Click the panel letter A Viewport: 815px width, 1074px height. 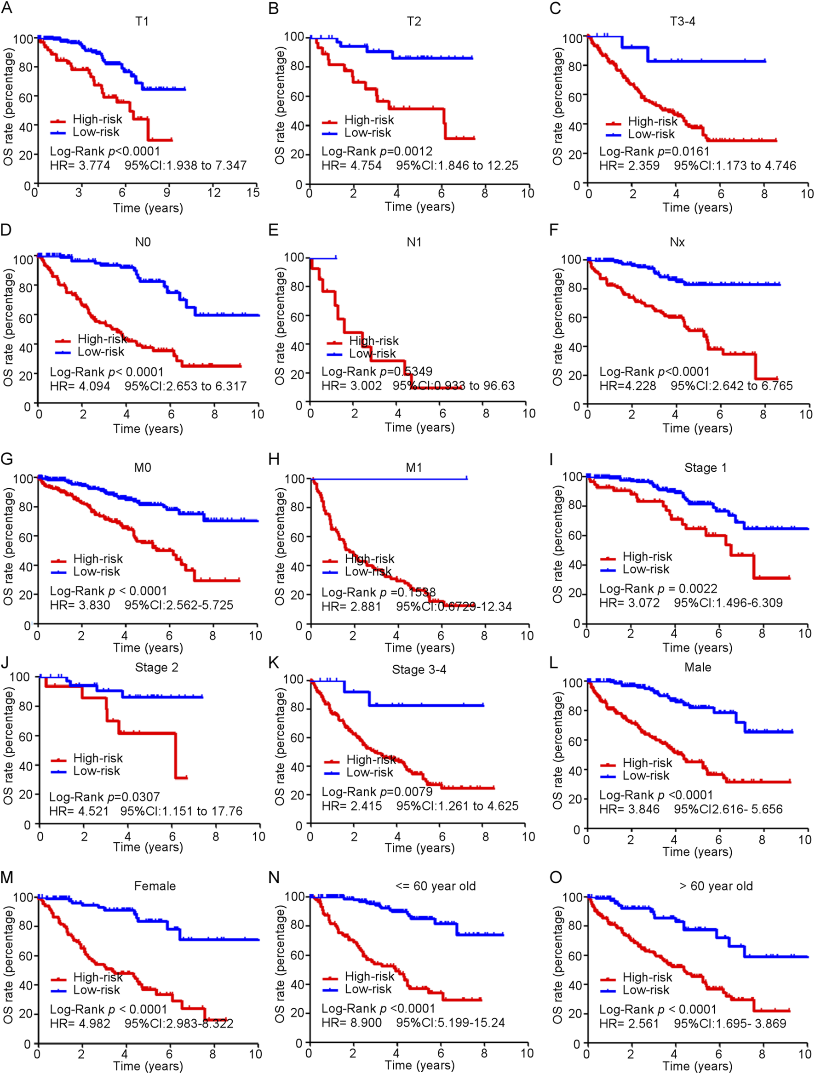pos(6,8)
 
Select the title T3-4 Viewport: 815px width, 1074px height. pos(683,21)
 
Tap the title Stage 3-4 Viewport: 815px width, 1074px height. pos(419,669)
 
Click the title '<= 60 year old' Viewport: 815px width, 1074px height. pos(436,886)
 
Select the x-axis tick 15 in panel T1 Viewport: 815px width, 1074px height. pos(253,193)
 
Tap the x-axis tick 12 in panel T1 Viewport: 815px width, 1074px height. pos(214,193)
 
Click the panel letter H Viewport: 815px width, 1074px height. pos(274,459)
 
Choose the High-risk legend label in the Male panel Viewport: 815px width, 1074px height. pos(647,763)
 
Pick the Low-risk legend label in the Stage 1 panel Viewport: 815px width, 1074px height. pos(646,569)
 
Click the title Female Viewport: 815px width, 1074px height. pos(155,886)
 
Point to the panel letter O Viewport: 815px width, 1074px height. pos(556,877)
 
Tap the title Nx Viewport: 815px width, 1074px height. pos(677,242)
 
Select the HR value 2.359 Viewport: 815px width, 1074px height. pos(642,166)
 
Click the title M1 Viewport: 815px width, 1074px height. pos(414,468)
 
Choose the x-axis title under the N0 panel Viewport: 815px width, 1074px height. pos(148,428)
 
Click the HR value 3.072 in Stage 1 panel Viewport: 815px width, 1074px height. pos(642,603)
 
